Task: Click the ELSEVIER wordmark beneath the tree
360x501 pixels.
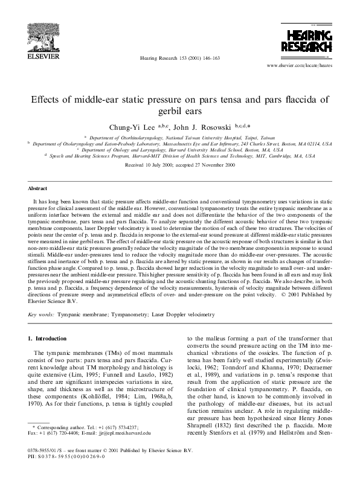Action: click(x=38, y=58)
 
